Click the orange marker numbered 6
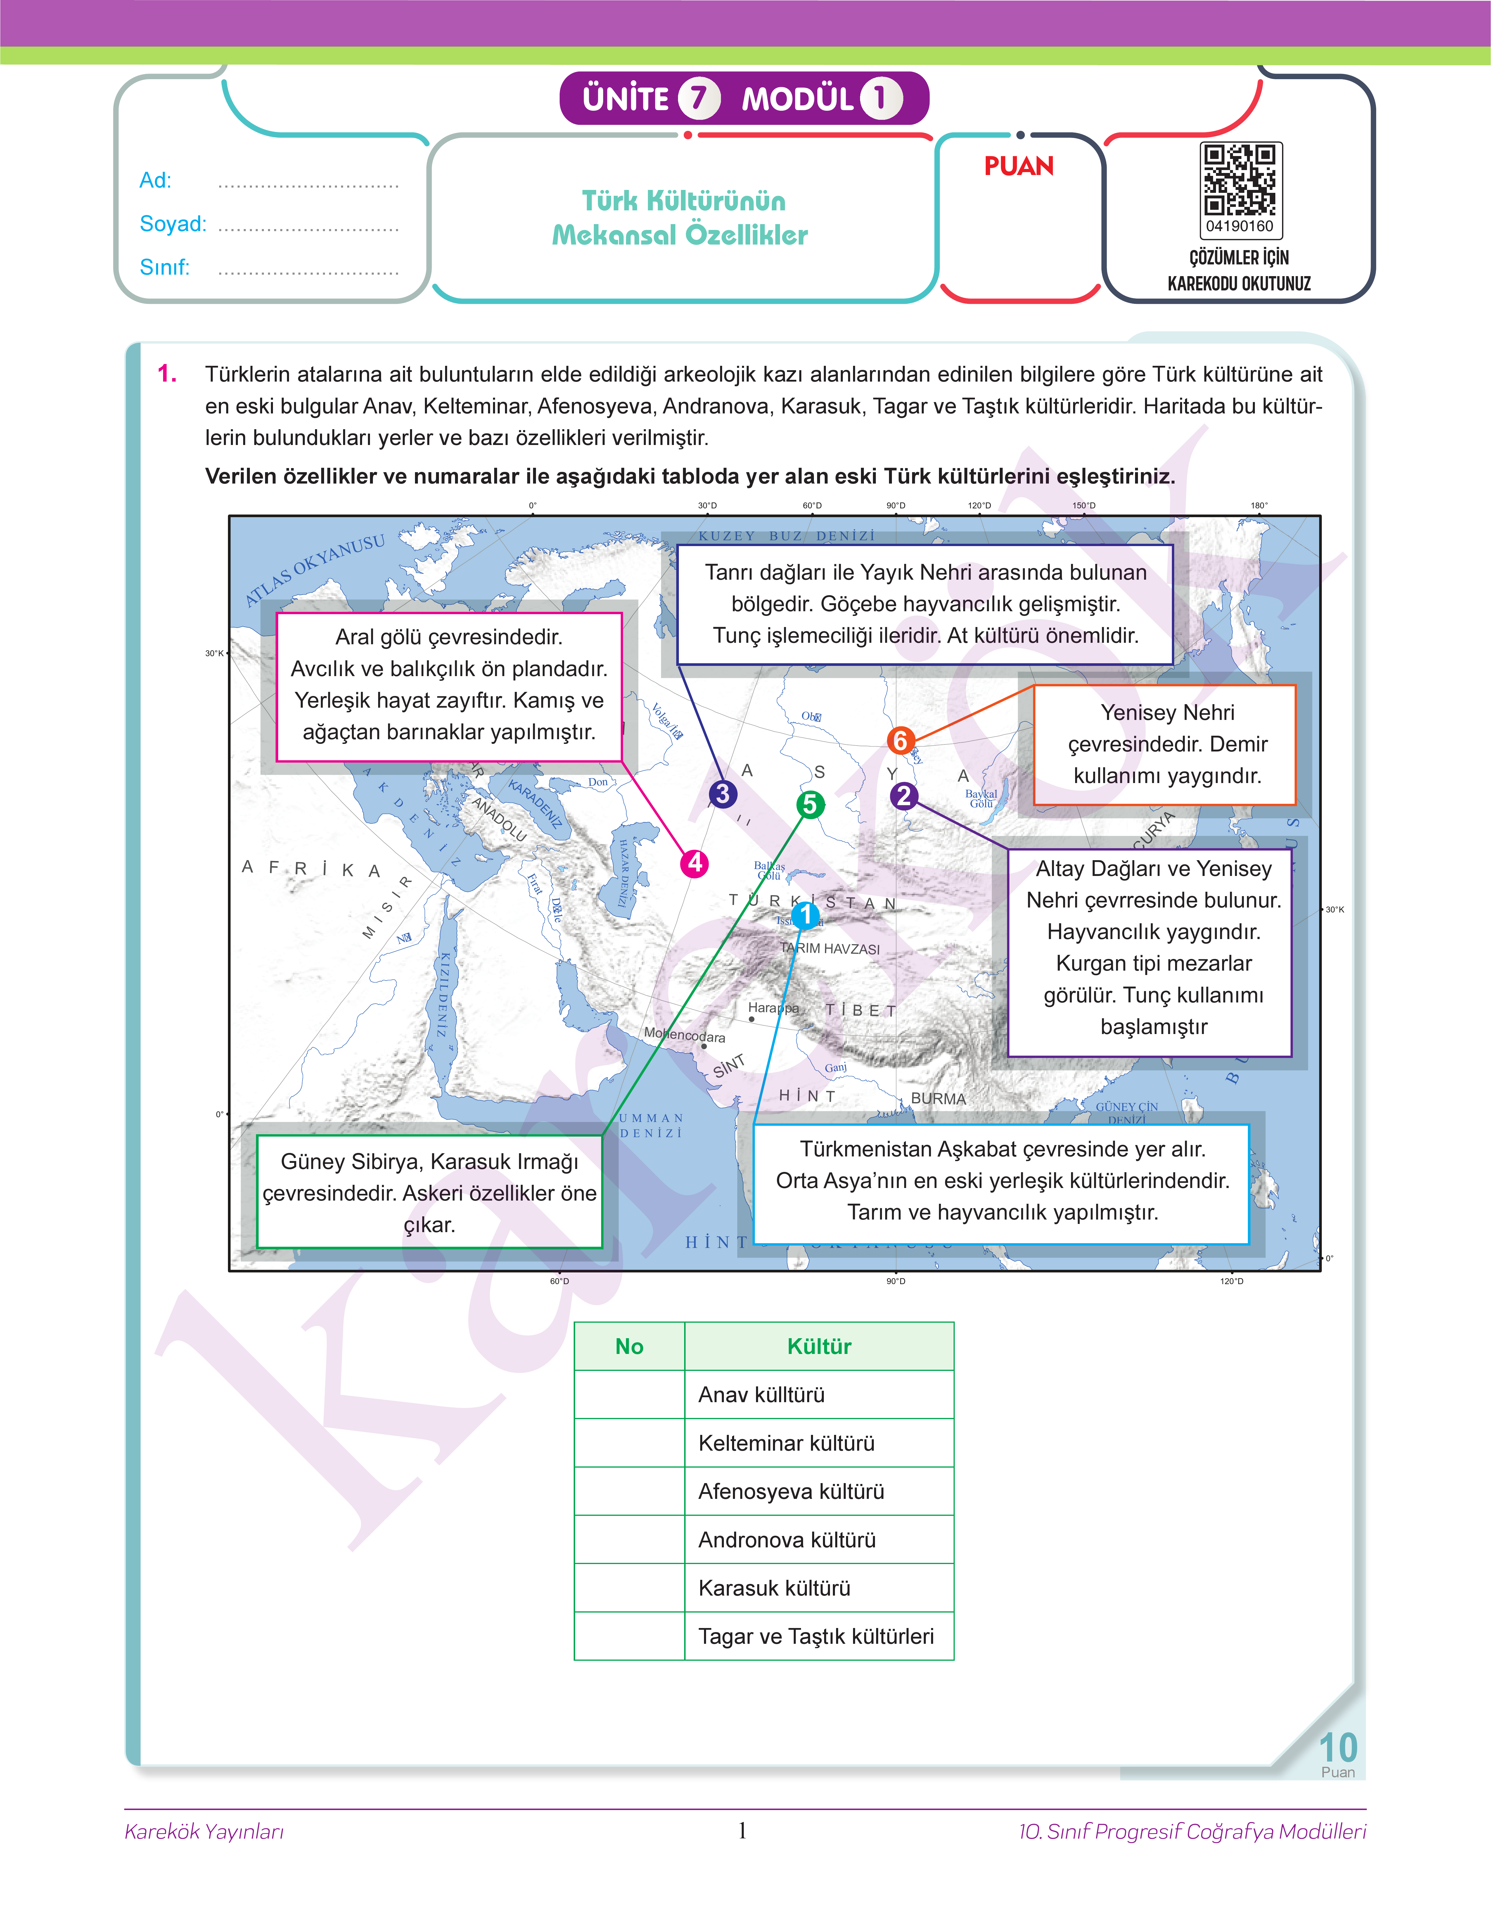point(900,741)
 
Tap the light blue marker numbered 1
point(806,915)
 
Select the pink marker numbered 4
point(694,863)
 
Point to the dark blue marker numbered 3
point(722,794)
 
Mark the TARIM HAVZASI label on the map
point(829,949)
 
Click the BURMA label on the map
point(938,1099)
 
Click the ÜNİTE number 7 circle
point(698,98)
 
